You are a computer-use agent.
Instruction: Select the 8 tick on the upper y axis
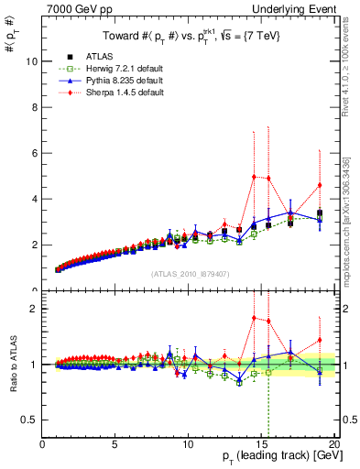point(34,107)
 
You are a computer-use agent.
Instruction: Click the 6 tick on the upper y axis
point(34,153)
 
